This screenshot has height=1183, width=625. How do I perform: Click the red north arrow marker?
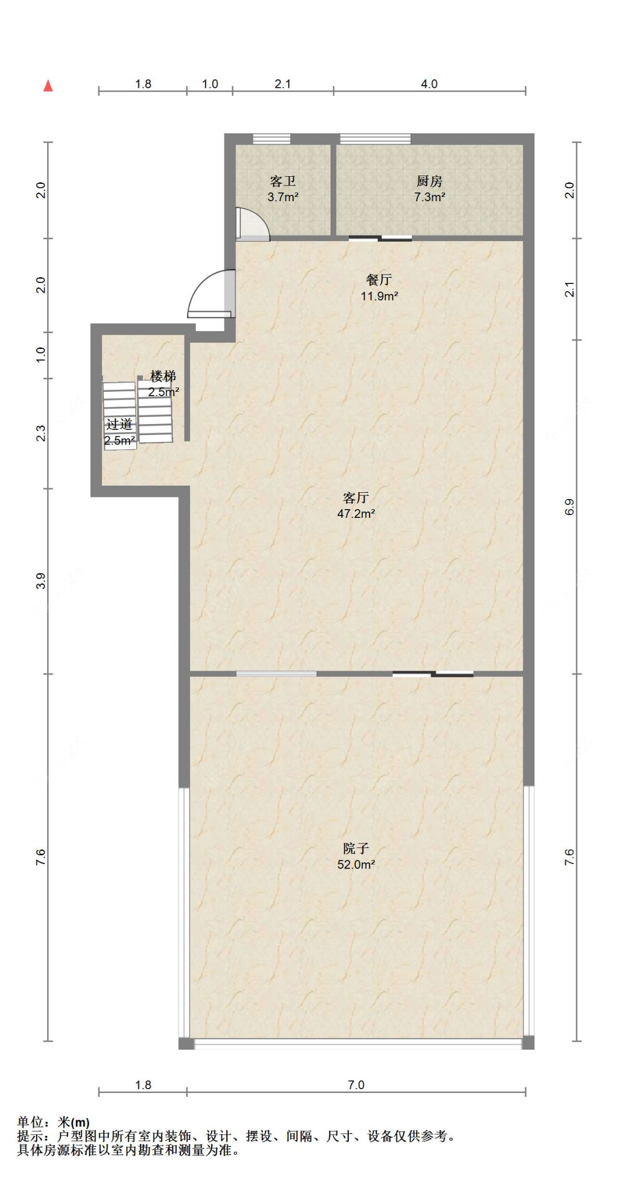coord(48,86)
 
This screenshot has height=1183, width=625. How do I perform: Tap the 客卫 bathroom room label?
coord(283,181)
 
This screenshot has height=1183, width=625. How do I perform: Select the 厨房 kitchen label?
coord(429,181)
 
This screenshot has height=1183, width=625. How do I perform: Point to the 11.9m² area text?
coord(379,296)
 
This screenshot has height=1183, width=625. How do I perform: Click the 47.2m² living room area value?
coord(356,513)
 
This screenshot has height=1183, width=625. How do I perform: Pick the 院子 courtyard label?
coord(356,848)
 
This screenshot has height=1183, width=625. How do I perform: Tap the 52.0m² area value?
coord(356,864)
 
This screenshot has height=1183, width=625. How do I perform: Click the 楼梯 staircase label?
coord(163,376)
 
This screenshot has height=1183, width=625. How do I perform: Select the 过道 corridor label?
coord(119,425)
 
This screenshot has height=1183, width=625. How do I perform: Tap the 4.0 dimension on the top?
coord(429,84)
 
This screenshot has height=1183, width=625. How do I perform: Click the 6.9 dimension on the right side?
coord(569,507)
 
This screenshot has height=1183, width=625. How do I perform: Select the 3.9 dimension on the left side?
coord(41,581)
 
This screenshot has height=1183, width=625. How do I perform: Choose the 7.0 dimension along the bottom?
coord(356,1085)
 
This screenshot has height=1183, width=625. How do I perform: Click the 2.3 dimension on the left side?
coord(41,433)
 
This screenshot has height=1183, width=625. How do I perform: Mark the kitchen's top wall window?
coord(375,139)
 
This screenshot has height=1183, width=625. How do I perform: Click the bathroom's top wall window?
coord(272,139)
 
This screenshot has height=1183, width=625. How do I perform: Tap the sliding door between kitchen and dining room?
coord(381,239)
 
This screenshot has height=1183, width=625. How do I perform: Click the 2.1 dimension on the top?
coord(283,84)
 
